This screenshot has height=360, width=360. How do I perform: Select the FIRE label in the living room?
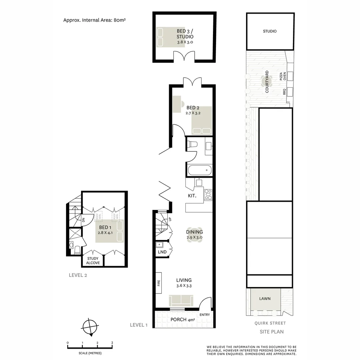tap(159, 283)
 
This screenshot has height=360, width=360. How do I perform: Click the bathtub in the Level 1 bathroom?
tap(199, 171)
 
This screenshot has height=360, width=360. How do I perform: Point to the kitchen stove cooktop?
tap(208, 195)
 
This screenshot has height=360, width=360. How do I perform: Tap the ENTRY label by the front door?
tap(205, 315)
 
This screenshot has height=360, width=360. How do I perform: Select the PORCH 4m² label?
tap(182, 320)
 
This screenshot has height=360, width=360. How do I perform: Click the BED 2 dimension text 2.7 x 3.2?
tap(193, 113)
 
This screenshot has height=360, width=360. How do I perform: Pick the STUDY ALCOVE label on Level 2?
tap(93, 261)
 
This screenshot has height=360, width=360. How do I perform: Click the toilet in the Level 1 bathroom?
tap(193, 144)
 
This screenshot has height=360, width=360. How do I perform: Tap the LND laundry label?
tap(162, 252)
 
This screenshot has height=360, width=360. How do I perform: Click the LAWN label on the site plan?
tap(265, 299)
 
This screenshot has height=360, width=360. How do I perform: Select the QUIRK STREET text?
tap(270, 323)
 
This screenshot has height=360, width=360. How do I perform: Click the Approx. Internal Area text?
tap(94, 20)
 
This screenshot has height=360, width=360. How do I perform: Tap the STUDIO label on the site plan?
tap(270, 31)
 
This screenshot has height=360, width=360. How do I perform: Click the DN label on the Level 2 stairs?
tap(84, 220)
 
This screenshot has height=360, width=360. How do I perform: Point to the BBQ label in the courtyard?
tap(284, 92)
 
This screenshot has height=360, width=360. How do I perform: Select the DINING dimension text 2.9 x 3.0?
tap(194, 237)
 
